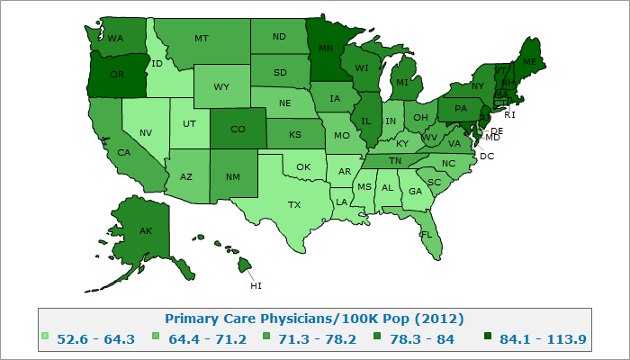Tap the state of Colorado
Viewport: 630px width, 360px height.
[238, 129]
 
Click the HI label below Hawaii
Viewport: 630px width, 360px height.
[256, 286]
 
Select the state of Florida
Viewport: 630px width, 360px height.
[427, 233]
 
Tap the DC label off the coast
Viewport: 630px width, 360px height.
[487, 156]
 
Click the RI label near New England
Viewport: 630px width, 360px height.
[509, 114]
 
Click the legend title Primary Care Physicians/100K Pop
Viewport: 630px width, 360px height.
[314, 319]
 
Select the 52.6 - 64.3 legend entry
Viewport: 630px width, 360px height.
[95, 338]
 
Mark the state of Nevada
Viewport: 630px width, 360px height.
[144, 132]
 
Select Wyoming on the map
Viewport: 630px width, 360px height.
[221, 86]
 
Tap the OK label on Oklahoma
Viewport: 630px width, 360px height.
[303, 166]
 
